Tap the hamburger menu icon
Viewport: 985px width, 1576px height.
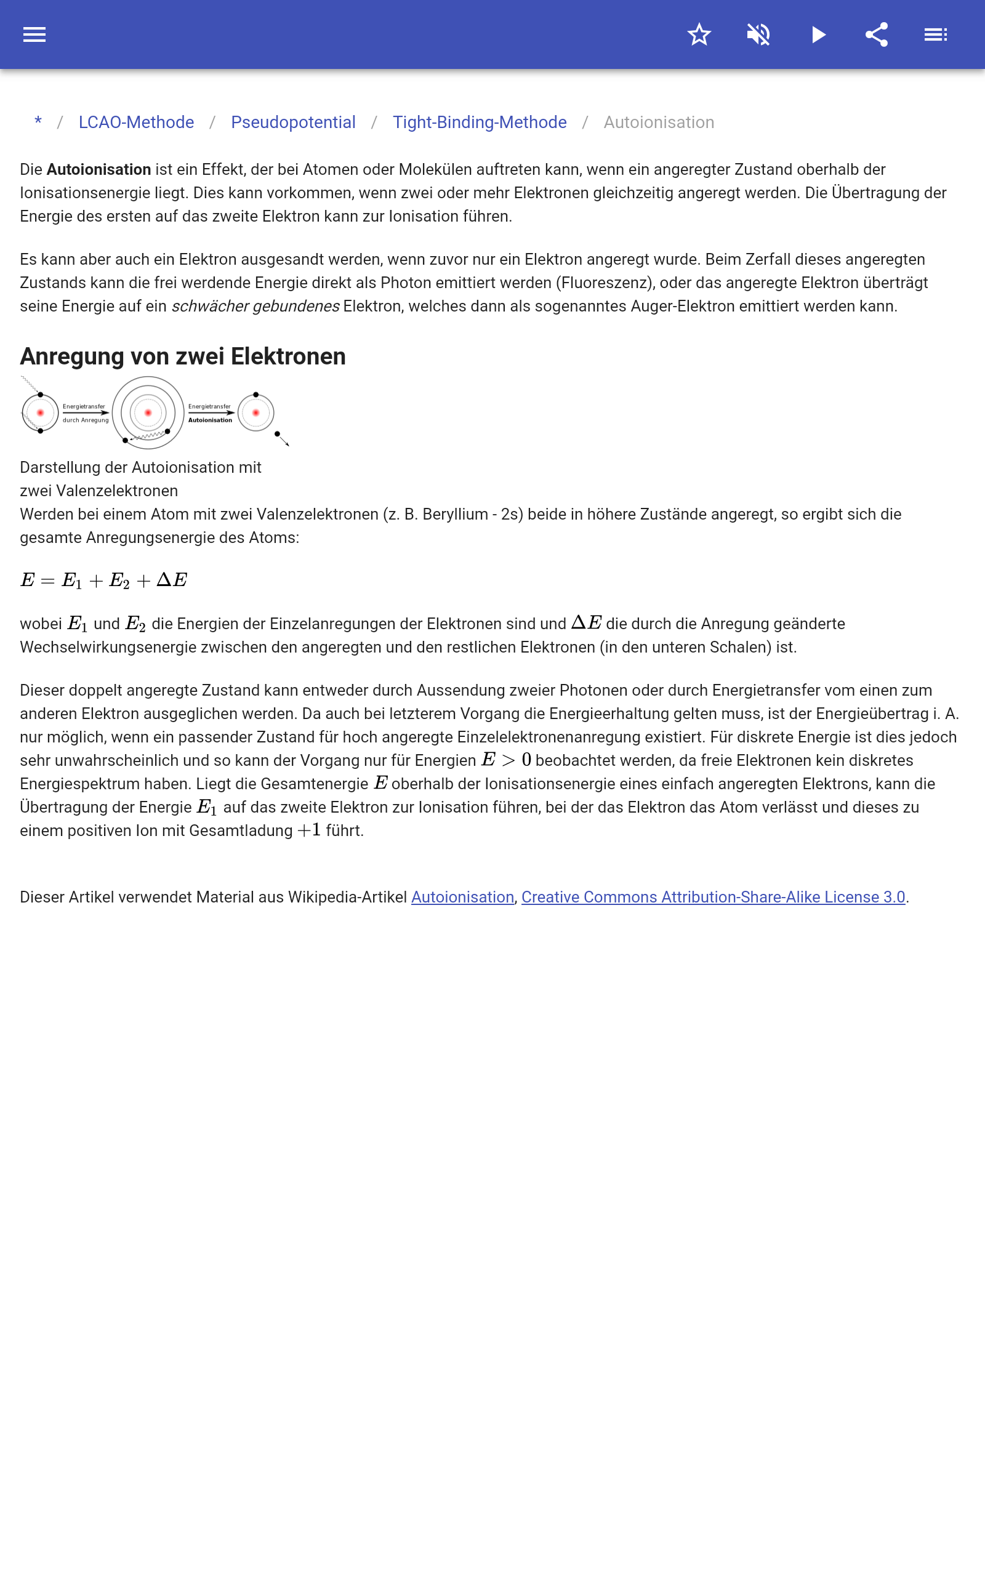point(34,34)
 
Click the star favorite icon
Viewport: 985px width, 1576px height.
point(699,34)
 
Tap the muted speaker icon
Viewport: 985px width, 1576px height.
point(758,34)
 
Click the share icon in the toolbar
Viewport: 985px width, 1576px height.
point(877,34)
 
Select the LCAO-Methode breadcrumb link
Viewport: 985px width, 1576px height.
point(136,123)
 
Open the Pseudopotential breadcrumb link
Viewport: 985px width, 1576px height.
point(293,123)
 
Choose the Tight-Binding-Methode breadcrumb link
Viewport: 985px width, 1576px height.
point(480,123)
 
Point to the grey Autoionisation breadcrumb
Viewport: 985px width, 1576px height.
point(659,123)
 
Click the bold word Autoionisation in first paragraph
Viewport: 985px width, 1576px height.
point(99,169)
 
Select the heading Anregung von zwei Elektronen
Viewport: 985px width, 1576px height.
point(183,356)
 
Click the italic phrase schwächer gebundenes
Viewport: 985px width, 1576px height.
point(255,306)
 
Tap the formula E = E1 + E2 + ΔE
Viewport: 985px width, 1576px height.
point(104,579)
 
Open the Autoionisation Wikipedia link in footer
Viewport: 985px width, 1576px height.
point(462,897)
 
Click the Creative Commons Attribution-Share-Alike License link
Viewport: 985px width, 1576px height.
point(714,897)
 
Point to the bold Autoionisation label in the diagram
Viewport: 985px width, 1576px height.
point(210,420)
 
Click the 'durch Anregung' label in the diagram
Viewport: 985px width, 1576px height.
point(86,420)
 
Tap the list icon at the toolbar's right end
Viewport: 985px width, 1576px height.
point(936,34)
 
